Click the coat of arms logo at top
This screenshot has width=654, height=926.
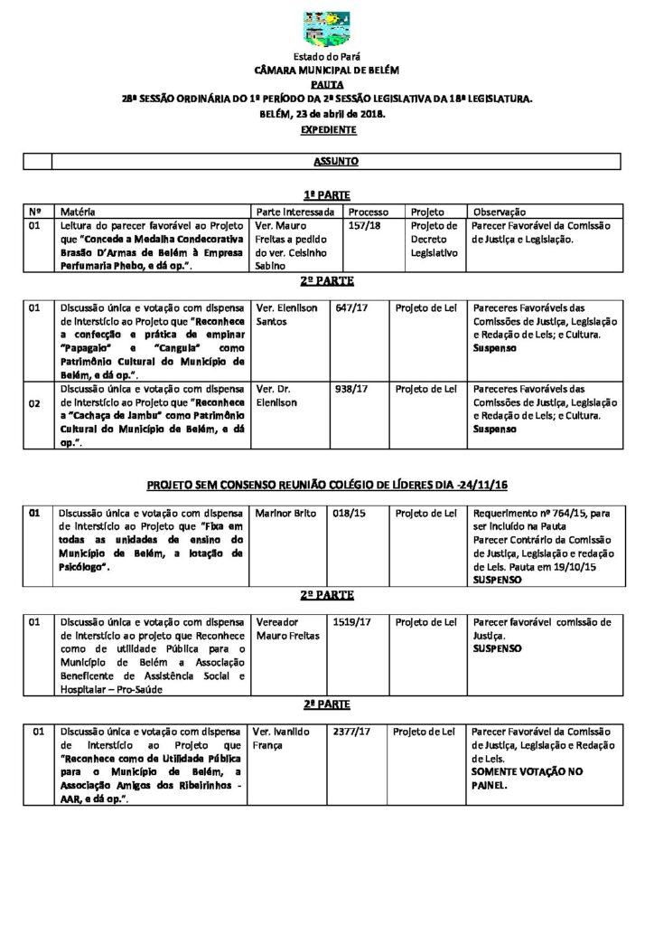[327, 29]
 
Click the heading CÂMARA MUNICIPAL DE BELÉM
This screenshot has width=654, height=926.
[327, 70]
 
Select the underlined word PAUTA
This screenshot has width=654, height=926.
[327, 83]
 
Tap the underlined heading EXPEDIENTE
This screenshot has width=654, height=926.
[327, 129]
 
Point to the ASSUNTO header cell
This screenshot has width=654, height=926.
[336, 162]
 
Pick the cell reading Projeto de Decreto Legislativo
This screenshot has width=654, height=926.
[434, 240]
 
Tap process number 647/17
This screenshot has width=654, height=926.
[351, 307]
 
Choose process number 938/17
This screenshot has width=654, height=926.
[351, 389]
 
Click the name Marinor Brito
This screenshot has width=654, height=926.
[286, 514]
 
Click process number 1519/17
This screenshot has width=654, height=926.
[352, 622]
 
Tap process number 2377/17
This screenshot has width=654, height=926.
[352, 732]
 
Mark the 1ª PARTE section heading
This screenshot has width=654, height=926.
[327, 194]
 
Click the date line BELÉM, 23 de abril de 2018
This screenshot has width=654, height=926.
[327, 114]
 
